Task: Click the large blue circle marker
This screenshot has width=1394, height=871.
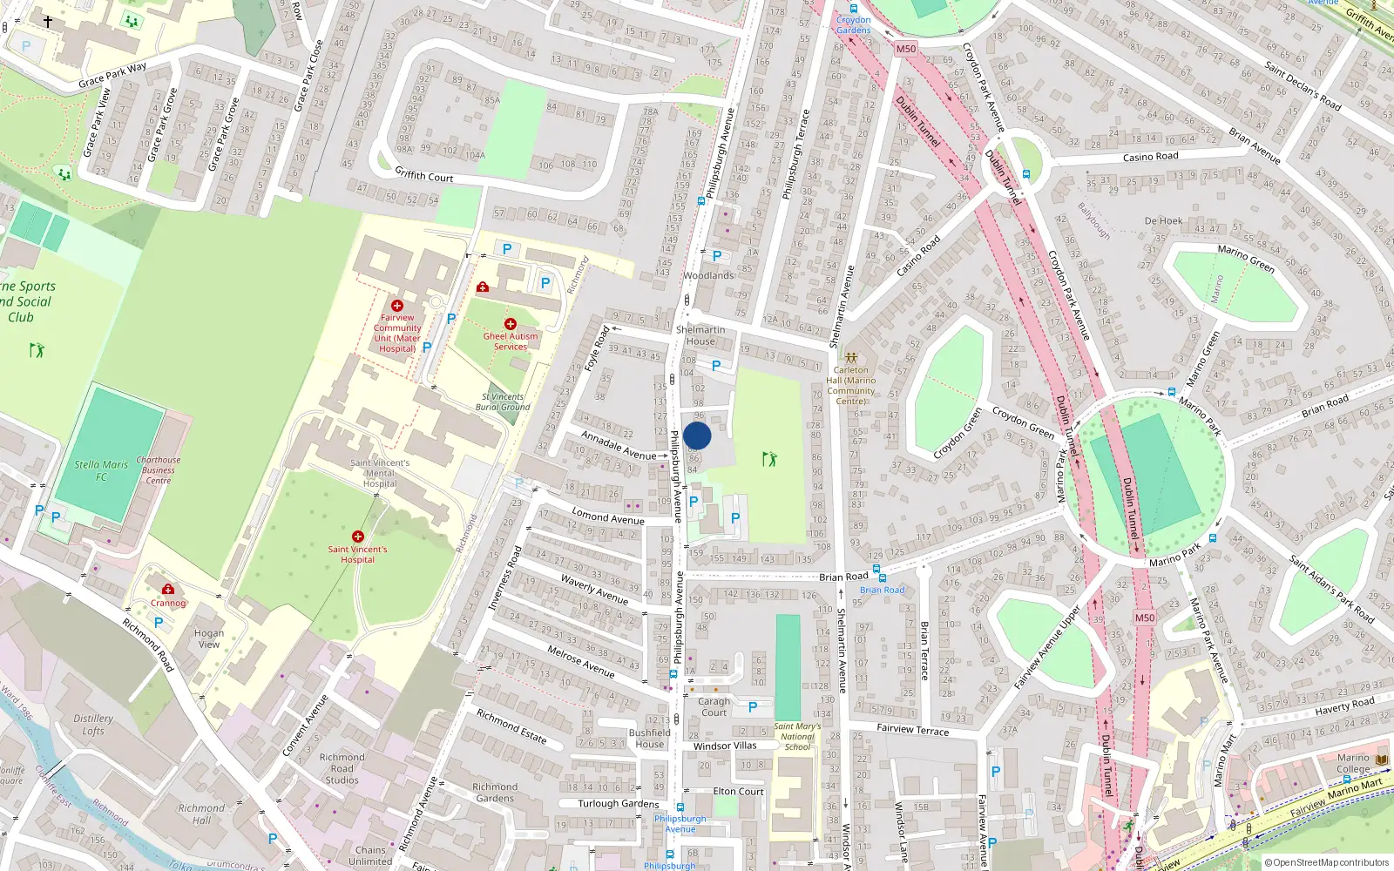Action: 697,435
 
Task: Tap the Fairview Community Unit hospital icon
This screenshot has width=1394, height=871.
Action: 397,306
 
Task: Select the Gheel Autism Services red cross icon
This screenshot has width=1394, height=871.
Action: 511,324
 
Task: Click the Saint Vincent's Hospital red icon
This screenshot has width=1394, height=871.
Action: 357,537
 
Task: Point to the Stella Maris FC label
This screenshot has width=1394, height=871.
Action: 101,470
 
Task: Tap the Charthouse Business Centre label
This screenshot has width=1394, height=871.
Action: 159,470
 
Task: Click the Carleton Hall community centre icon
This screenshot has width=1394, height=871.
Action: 851,358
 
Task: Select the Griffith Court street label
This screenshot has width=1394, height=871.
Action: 424,175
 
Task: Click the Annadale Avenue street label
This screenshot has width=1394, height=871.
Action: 619,445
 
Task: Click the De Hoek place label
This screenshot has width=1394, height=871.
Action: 1163,221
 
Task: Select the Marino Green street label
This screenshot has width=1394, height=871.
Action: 1246,259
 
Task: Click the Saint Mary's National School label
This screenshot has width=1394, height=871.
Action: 797,736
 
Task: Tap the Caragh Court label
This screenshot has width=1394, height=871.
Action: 714,707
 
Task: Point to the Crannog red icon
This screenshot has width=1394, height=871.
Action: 168,590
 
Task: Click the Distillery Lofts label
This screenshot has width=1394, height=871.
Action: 93,725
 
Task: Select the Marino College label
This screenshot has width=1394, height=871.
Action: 1353,763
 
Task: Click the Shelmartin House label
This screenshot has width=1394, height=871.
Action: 700,335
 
